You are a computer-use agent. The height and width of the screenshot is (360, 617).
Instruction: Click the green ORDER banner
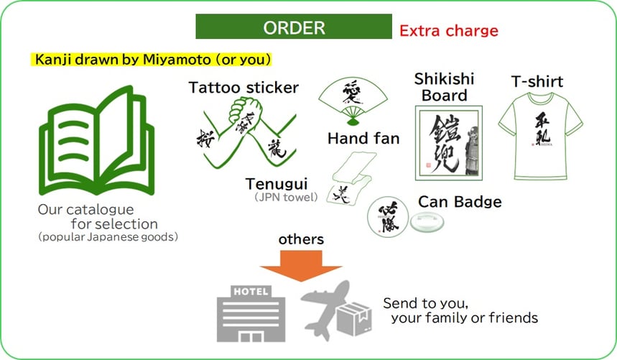tap(294, 28)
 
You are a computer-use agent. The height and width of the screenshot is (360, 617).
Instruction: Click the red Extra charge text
tap(448, 31)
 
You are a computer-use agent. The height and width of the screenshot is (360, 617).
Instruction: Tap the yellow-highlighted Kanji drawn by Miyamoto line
tap(152, 58)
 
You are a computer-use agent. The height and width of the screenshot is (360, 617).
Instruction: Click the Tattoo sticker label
tap(243, 88)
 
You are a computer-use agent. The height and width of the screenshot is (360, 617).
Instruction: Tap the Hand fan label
tap(363, 138)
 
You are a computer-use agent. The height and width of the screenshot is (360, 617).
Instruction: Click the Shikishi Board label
tap(444, 87)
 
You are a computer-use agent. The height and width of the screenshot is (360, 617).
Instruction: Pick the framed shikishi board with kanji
tap(448, 142)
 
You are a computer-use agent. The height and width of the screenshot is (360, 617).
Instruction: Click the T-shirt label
tap(537, 80)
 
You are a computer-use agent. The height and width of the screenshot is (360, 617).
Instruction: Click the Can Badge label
tap(460, 201)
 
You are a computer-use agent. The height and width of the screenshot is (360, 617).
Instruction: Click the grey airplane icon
tap(327, 308)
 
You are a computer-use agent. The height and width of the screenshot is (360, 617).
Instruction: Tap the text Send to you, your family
tap(460, 310)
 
